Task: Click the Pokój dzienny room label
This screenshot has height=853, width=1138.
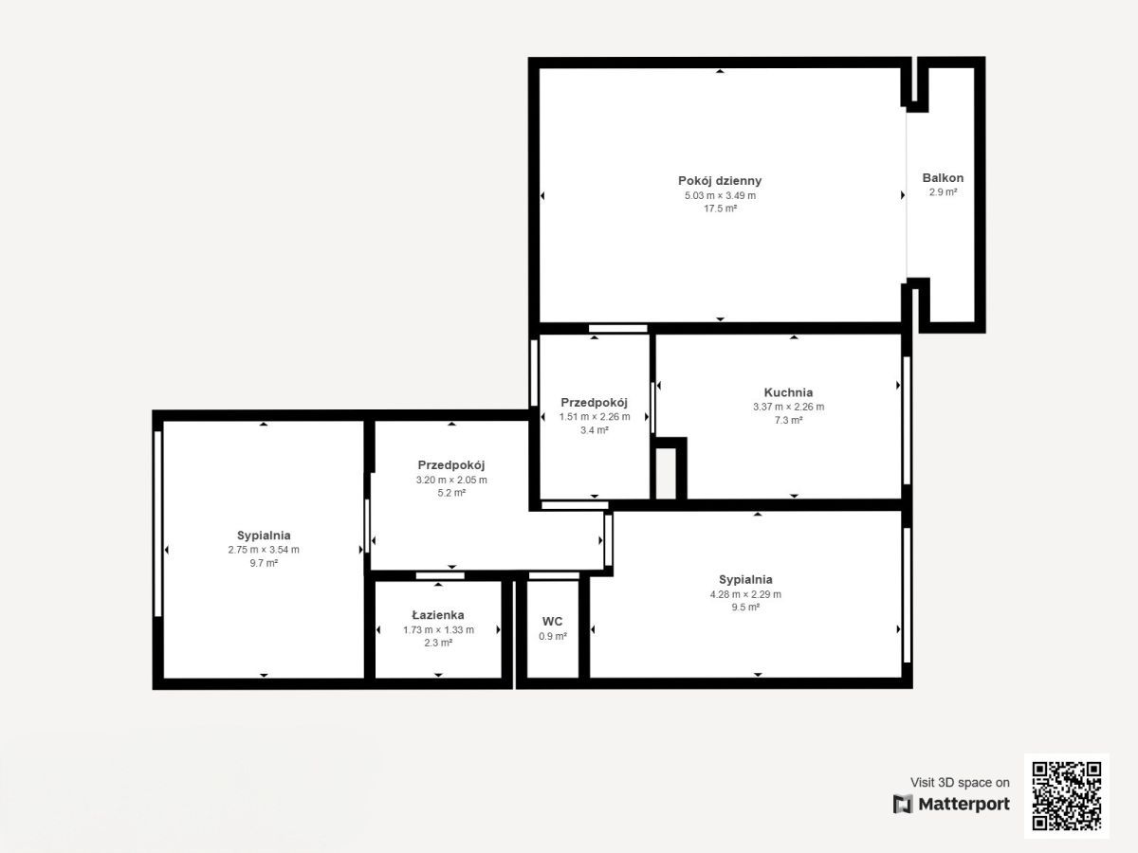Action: click(720, 181)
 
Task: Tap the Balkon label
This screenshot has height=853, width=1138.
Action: click(943, 177)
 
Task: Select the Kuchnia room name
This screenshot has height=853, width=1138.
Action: click(788, 392)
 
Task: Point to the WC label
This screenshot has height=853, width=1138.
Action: click(552, 621)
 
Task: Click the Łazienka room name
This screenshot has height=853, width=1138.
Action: click(438, 615)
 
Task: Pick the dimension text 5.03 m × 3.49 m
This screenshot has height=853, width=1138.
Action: click(720, 196)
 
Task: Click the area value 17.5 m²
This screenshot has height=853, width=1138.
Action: click(720, 209)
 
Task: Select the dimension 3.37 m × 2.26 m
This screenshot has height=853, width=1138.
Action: click(789, 408)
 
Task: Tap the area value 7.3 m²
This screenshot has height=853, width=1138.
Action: click(789, 420)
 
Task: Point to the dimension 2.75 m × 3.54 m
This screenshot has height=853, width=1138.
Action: click(264, 550)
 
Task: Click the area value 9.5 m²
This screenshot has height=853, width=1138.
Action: click(745, 607)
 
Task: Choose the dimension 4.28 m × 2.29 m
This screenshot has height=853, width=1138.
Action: click(745, 594)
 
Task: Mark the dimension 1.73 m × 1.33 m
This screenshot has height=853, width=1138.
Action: click(439, 629)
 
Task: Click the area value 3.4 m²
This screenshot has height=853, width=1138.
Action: click(595, 430)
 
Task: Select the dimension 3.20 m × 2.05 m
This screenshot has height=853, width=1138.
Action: click(451, 480)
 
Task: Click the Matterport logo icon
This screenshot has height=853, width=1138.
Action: click(903, 804)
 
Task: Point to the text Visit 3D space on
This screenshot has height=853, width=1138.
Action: click(960, 782)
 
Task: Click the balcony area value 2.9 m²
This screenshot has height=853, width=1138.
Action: click(943, 192)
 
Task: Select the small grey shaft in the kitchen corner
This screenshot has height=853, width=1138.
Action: click(666, 473)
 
